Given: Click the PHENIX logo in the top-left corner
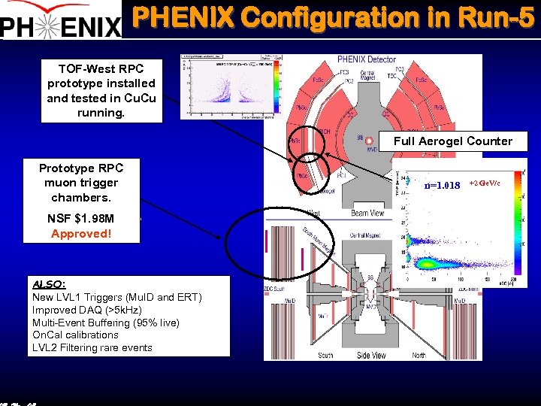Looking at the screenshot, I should (x=60, y=21).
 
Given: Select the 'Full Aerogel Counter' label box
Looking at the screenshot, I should (x=452, y=141).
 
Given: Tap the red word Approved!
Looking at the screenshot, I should (x=80, y=233).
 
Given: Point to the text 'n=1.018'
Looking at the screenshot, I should (x=442, y=185).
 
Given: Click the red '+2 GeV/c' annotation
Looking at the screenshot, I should (x=485, y=183).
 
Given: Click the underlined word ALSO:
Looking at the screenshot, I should (x=49, y=284).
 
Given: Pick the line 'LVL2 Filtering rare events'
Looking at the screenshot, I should (x=92, y=347).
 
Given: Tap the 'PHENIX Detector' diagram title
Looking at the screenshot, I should (x=367, y=59).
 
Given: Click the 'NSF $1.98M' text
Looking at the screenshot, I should (x=80, y=219).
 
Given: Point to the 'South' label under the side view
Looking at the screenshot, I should (x=325, y=355).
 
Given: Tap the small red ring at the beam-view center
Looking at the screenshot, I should (x=369, y=141).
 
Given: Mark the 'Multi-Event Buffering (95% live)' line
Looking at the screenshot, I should (x=105, y=322).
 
